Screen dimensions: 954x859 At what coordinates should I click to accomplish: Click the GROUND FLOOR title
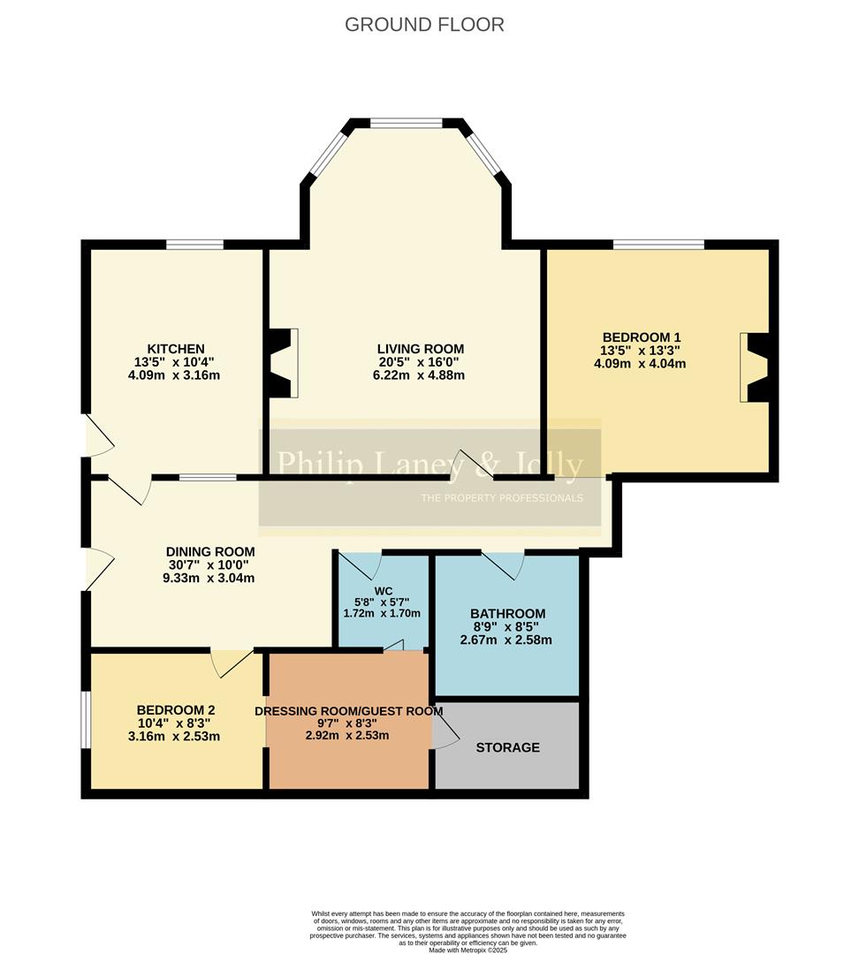[424, 25]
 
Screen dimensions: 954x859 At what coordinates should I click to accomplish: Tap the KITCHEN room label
[175, 349]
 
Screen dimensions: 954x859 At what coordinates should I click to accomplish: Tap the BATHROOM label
[507, 614]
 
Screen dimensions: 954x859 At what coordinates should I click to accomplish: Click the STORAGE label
[507, 747]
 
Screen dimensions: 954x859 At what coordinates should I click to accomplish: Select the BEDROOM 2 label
[175, 710]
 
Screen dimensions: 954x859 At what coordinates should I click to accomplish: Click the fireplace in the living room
[284, 362]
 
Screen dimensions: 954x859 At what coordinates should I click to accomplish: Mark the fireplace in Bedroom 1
[758, 367]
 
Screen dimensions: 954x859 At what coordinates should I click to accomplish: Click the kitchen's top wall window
[194, 245]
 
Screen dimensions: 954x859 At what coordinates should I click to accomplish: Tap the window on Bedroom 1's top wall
[659, 245]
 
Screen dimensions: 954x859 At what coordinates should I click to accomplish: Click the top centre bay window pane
[406, 124]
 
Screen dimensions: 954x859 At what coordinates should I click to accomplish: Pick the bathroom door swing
[502, 565]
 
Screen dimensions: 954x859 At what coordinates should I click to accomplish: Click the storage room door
[445, 729]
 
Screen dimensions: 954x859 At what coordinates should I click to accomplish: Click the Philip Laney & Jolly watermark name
[429, 465]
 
